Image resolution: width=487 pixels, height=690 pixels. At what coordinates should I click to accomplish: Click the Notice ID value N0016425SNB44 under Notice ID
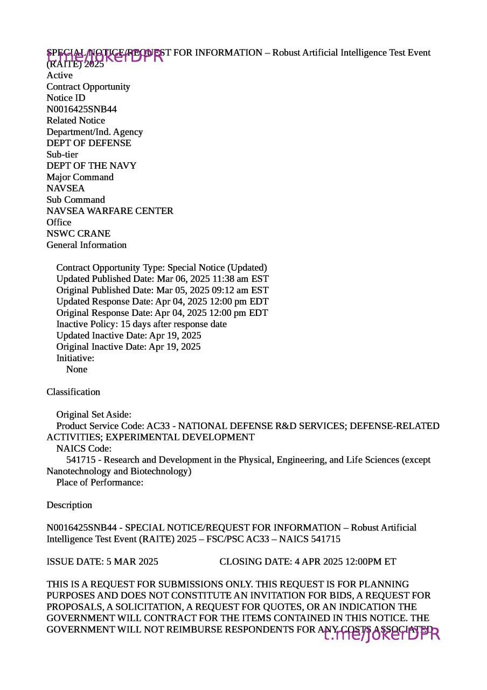coord(81,109)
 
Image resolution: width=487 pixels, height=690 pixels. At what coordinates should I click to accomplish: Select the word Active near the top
coord(59,75)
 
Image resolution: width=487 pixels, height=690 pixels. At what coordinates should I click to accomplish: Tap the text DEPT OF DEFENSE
coord(88,143)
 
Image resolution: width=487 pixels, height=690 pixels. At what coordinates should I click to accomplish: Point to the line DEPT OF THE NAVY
coord(91,165)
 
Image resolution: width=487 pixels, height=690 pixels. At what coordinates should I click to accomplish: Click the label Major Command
coord(80,177)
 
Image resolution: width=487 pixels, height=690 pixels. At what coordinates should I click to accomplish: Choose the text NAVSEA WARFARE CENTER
coord(110,211)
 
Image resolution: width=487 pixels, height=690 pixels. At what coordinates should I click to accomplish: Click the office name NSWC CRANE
coord(78,233)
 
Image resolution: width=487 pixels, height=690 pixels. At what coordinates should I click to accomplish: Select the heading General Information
coord(86,245)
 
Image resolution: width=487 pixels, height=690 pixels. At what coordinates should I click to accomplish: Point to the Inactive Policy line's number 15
coord(125,324)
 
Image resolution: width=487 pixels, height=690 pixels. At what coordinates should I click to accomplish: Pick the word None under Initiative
coord(76,369)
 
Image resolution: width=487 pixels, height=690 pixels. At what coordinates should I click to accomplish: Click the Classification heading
coord(73,392)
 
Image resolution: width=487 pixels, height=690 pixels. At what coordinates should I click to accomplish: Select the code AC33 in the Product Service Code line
coord(158,426)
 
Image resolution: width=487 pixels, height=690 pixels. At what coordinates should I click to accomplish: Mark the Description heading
coord(69,505)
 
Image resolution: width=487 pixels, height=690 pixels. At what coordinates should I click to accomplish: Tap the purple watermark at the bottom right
coord(382,634)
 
